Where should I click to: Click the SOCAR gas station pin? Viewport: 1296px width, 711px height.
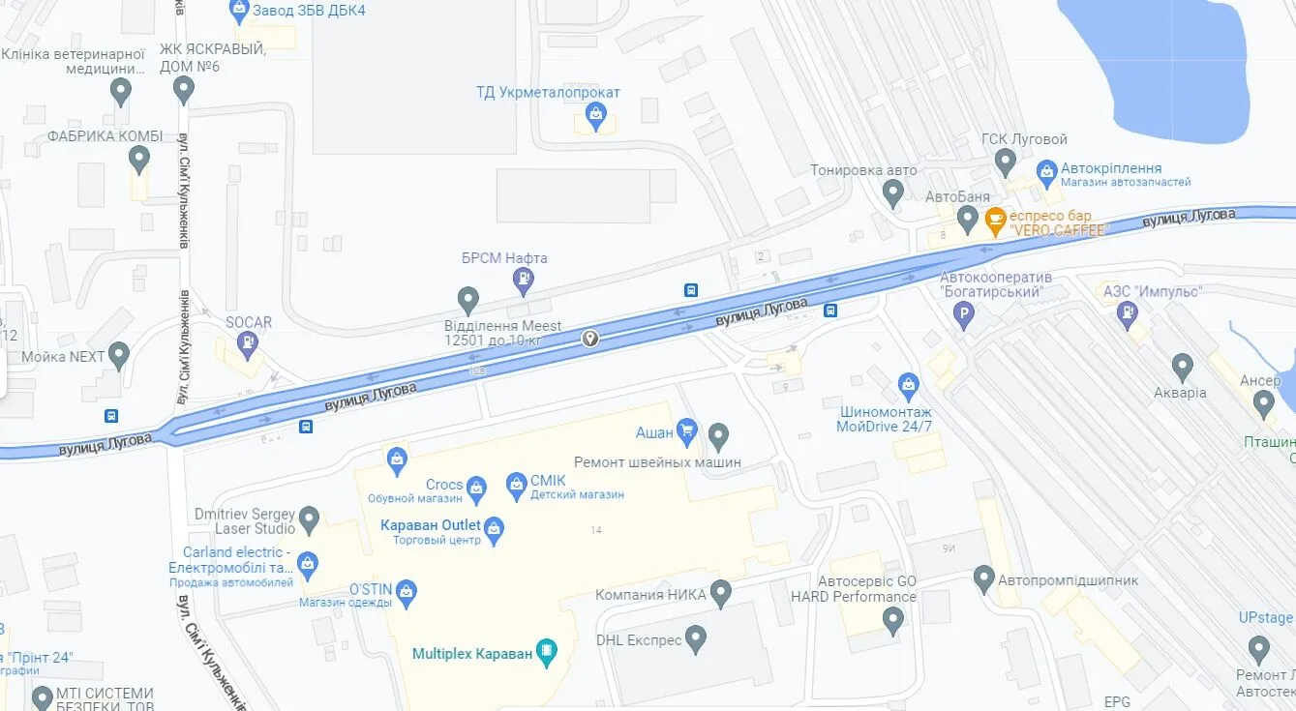pos(249,341)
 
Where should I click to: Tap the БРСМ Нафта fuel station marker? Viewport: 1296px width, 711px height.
pos(523,281)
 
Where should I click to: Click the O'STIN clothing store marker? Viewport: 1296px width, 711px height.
pos(407,591)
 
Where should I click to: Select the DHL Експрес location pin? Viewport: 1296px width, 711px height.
pos(696,638)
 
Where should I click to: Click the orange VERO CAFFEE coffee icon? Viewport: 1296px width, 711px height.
pos(995,221)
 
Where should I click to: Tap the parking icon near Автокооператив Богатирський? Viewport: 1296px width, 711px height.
pos(963,313)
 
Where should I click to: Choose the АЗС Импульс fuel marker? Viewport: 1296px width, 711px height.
pos(1128,312)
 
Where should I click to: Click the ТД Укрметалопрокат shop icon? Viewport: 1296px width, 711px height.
pos(595,119)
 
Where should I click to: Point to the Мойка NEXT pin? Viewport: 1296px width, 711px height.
pos(119,355)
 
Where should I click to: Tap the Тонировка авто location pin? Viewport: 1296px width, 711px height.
pos(893,193)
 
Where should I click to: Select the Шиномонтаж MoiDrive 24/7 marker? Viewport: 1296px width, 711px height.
pos(908,386)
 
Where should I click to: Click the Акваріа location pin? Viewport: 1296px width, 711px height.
pos(1182,367)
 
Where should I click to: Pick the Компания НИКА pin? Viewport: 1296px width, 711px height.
pos(721,592)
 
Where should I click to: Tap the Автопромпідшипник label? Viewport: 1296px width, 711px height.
pos(1068,580)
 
